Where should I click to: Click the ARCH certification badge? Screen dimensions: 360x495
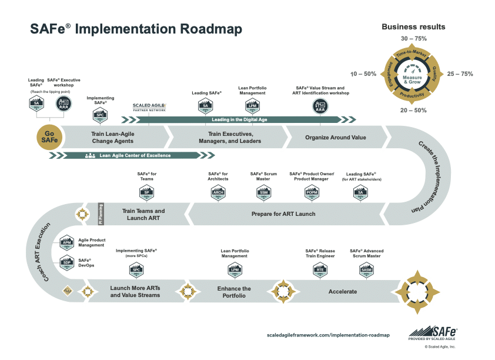point(218,192)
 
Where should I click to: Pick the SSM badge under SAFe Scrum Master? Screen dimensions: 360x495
point(263,192)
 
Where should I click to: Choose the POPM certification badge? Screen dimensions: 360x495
point(312,192)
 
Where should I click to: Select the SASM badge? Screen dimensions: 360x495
point(366,270)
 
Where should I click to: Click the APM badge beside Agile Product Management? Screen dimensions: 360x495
point(66,243)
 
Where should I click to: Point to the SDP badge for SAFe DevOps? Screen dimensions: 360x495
point(66,263)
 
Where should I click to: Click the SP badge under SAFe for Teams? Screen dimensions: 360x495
point(146,192)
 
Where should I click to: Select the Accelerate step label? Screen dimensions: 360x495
point(343,291)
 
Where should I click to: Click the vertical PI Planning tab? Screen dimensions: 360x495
point(100,214)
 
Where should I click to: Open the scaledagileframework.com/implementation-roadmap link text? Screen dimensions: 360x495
point(328,335)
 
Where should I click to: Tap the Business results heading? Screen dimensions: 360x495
point(413,26)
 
